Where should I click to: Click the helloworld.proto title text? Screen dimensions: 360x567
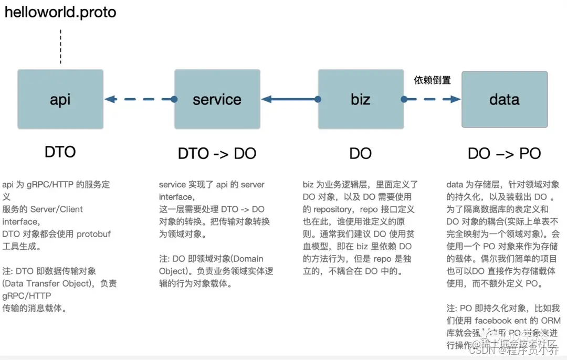[60, 12]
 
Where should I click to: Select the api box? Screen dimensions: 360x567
[60, 99]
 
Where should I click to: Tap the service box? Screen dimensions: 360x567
[217, 99]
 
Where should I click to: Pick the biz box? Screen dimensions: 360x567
[361, 99]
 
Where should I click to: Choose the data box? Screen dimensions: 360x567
[504, 99]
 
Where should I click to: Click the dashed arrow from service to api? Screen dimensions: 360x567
[139, 99]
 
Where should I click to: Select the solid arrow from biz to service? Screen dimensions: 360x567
[289, 99]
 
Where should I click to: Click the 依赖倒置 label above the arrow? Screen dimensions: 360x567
[432, 80]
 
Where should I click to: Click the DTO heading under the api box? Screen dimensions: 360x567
[60, 152]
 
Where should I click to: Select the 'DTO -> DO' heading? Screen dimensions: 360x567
[217, 153]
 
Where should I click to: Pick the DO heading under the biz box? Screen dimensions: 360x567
[361, 153]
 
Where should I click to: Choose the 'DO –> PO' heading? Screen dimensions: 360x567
[504, 153]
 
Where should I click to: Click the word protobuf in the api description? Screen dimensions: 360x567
[94, 234]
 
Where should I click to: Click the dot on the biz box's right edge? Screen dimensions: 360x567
[404, 99]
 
